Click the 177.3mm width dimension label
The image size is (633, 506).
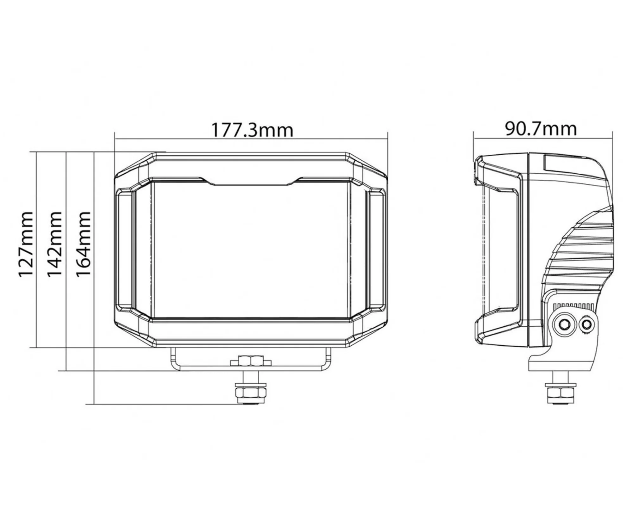[x=252, y=130]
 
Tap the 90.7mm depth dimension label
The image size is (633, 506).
[x=541, y=128]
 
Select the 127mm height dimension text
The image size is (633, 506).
[x=26, y=245]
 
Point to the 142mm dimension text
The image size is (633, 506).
[x=54, y=244]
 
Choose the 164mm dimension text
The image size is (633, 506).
[x=84, y=244]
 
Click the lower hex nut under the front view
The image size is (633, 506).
[x=250, y=393]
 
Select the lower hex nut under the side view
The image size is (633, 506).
[x=560, y=393]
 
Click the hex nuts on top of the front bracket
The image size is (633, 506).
[x=251, y=361]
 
